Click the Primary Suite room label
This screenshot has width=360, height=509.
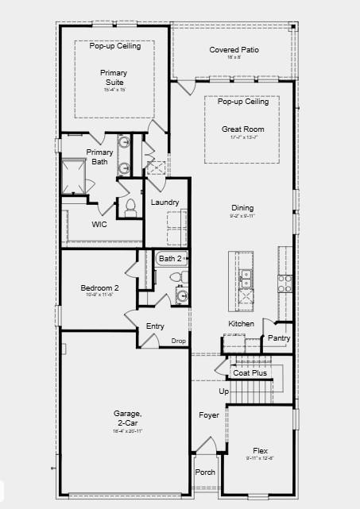click(x=114, y=77)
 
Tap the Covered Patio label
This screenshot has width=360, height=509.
click(x=234, y=50)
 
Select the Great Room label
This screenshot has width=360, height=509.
click(x=242, y=129)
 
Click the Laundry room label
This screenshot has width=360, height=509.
click(x=165, y=202)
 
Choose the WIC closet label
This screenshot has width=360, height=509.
click(x=99, y=224)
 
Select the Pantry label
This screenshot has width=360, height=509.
click(x=279, y=338)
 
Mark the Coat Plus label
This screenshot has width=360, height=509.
click(x=250, y=372)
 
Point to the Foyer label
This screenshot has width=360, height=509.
click(x=209, y=415)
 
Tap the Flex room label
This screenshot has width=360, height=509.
click(x=260, y=451)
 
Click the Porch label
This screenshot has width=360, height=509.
click(x=205, y=472)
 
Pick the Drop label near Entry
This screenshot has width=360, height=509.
click(x=179, y=341)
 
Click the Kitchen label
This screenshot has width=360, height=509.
click(x=242, y=324)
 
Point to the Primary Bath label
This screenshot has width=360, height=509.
click(x=99, y=156)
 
